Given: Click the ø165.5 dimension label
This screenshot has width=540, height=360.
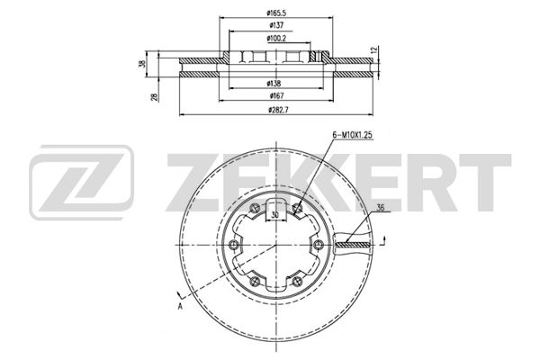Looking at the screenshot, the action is tap(276, 13).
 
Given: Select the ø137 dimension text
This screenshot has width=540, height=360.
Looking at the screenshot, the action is tap(276, 25).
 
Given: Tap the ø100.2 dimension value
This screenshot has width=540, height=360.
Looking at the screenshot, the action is tap(276, 38).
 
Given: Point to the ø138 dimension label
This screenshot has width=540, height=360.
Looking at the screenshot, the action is tap(274, 84).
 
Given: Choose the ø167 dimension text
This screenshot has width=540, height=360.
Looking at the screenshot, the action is tap(276, 95).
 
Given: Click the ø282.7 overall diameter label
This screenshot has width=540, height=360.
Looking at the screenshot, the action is tap(278, 110).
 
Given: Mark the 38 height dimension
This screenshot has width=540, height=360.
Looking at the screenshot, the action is tap(142, 64).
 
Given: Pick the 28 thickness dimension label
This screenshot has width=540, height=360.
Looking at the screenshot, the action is tap(155, 97).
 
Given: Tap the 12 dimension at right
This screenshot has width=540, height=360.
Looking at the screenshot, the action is tap(375, 49).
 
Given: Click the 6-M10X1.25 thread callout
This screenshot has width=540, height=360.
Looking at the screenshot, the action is tap(353, 135).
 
